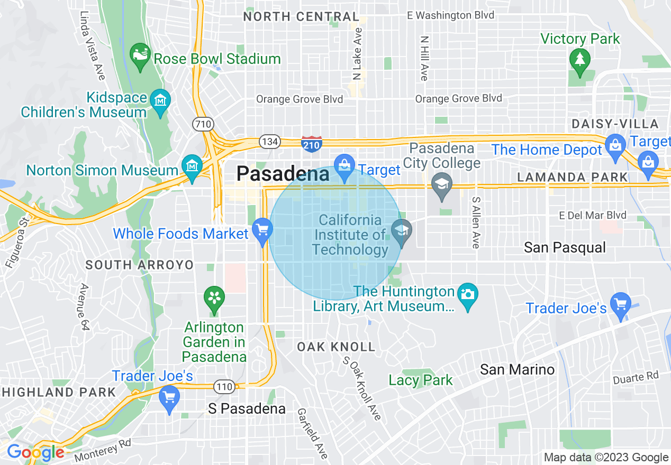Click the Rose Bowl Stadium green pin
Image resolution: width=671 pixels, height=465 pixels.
pos(140,57)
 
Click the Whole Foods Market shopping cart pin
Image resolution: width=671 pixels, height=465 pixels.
pos(262,230)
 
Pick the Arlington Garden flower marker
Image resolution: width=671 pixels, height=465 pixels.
pos(214,299)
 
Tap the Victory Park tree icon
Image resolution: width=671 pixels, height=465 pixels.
pos(580,59)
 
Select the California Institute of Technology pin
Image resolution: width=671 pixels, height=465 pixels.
pos(402,231)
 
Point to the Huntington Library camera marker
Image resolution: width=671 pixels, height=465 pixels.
pos(468,294)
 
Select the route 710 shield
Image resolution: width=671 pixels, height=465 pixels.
pos(203,125)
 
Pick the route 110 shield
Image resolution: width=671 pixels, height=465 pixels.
pos(224,387)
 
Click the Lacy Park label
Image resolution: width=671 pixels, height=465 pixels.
pos(421,380)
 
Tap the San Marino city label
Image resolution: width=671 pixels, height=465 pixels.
pos(517,369)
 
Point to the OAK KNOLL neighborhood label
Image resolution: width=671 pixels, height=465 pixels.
pos(336,347)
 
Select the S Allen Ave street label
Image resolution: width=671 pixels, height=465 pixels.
pos(476,222)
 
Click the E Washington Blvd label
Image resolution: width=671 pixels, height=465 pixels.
pos(450,15)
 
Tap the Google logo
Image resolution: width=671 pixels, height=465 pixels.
pos(35,452)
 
